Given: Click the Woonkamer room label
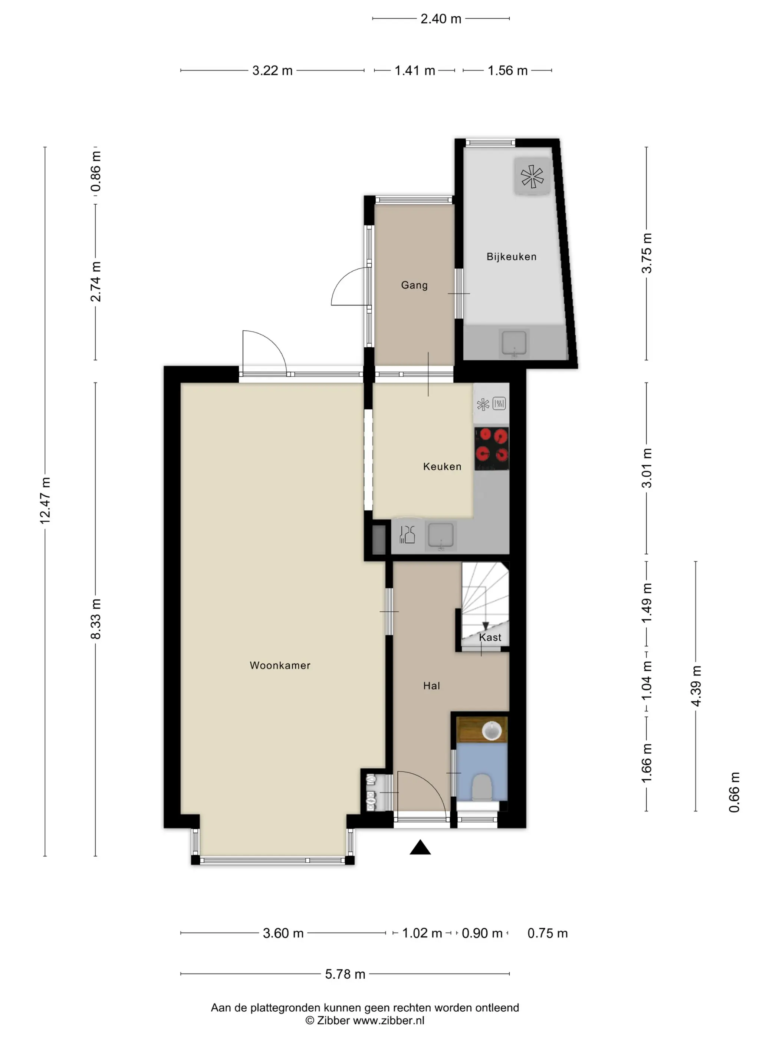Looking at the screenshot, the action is tap(280, 665).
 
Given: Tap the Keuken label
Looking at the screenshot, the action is tap(442, 466).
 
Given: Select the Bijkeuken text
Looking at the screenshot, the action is tap(511, 257).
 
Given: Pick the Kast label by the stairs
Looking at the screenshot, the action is tap(490, 637).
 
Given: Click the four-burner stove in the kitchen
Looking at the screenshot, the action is tap(492, 449).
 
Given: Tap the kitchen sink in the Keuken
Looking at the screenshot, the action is tap(440, 536).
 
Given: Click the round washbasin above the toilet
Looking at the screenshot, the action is tap(492, 731).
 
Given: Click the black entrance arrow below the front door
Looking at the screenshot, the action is tap(420, 847).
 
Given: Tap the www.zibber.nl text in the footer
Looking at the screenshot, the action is tap(388, 1020).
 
